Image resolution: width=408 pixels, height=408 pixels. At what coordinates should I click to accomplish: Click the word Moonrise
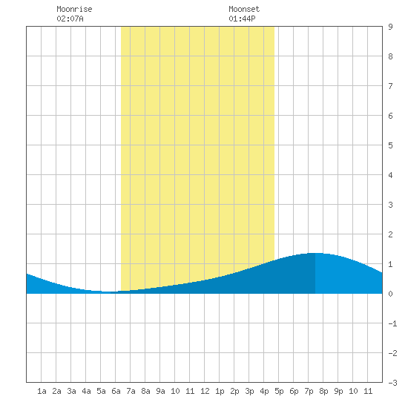[x=74, y=9]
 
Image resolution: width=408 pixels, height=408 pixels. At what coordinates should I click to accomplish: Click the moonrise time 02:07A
[x=70, y=19]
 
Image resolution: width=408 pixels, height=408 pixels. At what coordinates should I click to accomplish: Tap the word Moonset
[x=244, y=9]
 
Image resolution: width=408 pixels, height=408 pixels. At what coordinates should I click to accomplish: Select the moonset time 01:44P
[x=242, y=19]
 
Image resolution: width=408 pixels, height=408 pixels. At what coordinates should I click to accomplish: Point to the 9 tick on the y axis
[x=390, y=27]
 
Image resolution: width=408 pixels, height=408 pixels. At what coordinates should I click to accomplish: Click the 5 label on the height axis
[x=390, y=145]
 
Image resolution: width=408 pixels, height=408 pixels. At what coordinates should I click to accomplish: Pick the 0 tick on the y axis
[x=390, y=294]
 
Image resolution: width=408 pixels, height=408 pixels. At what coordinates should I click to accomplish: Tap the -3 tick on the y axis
[x=392, y=383]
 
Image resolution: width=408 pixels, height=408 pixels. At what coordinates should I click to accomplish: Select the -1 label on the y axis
[x=392, y=323]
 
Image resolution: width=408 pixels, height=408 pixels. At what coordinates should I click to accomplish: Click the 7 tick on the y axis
[x=390, y=86]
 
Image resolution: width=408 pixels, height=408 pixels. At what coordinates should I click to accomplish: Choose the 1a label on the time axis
[x=42, y=391]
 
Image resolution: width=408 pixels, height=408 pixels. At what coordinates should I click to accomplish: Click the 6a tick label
[x=116, y=391]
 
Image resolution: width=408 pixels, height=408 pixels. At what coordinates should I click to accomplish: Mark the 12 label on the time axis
[x=205, y=391]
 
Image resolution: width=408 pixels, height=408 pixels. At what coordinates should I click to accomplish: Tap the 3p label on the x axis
[x=249, y=391]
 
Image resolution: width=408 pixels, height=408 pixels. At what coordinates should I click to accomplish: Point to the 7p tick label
[x=309, y=391]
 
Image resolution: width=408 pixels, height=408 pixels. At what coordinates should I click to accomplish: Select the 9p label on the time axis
[x=338, y=391]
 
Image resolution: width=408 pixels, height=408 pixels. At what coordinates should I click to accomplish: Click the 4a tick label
[x=86, y=391]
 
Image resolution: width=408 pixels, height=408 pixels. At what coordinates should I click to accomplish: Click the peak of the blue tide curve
[x=315, y=253]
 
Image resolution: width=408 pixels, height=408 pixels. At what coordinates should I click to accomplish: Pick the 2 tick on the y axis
[x=390, y=234]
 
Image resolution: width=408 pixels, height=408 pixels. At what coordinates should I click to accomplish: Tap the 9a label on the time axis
[x=160, y=391]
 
